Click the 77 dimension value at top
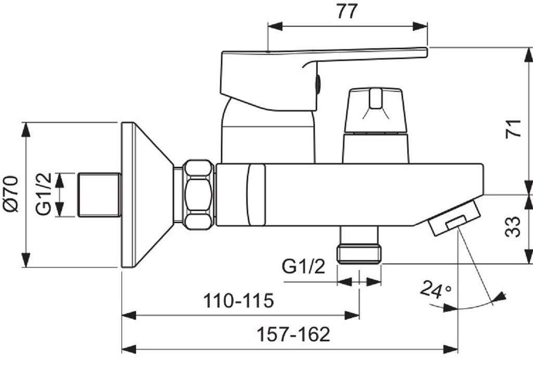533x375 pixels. (x=347, y=11)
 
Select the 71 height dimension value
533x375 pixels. (x=514, y=128)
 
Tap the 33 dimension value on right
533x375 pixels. (x=514, y=226)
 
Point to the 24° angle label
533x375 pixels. (x=436, y=290)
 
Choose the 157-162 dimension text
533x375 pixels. (x=293, y=334)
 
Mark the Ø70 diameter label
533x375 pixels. (x=11, y=193)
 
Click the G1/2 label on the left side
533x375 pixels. (x=44, y=194)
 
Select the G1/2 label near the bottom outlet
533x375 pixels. (x=303, y=266)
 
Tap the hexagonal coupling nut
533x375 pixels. (x=198, y=194)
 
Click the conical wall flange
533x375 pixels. (x=146, y=195)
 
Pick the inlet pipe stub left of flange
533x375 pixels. (x=99, y=195)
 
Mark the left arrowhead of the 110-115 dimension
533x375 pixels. (x=127, y=315)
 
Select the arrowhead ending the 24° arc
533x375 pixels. (x=500, y=296)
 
